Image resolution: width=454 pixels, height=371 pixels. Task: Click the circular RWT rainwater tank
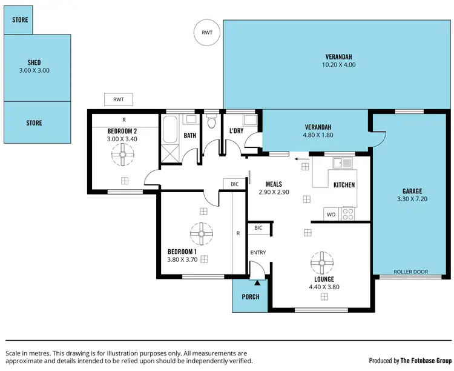tap(207, 33)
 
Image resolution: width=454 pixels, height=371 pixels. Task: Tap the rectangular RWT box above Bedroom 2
tap(119, 99)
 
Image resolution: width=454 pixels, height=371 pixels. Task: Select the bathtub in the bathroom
tap(169, 129)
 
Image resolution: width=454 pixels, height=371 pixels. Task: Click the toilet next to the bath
tap(212, 121)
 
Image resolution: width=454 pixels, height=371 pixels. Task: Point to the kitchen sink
tap(342, 162)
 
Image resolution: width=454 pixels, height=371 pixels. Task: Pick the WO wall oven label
tap(331, 215)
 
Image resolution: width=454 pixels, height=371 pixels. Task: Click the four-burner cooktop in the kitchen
tap(347, 214)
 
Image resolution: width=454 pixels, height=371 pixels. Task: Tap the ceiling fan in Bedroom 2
tap(123, 155)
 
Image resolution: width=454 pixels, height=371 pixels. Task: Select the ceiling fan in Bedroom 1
tap(202, 234)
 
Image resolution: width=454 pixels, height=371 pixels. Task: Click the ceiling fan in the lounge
tap(322, 263)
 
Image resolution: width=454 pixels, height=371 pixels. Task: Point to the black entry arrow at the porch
tap(257, 282)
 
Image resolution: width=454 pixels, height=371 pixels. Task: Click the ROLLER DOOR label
tap(410, 272)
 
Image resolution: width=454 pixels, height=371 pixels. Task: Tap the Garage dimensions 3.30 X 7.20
tap(412, 199)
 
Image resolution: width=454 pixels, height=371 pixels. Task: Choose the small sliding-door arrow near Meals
tap(301, 159)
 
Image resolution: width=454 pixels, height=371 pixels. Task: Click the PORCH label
tap(251, 297)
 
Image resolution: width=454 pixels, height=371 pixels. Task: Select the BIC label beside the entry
tap(258, 228)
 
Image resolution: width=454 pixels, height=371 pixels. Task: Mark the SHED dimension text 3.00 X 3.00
tap(34, 70)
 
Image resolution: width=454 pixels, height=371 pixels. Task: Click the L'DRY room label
tap(236, 131)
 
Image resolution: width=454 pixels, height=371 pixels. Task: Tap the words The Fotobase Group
tap(426, 361)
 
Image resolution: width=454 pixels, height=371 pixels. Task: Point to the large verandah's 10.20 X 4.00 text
tap(338, 65)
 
